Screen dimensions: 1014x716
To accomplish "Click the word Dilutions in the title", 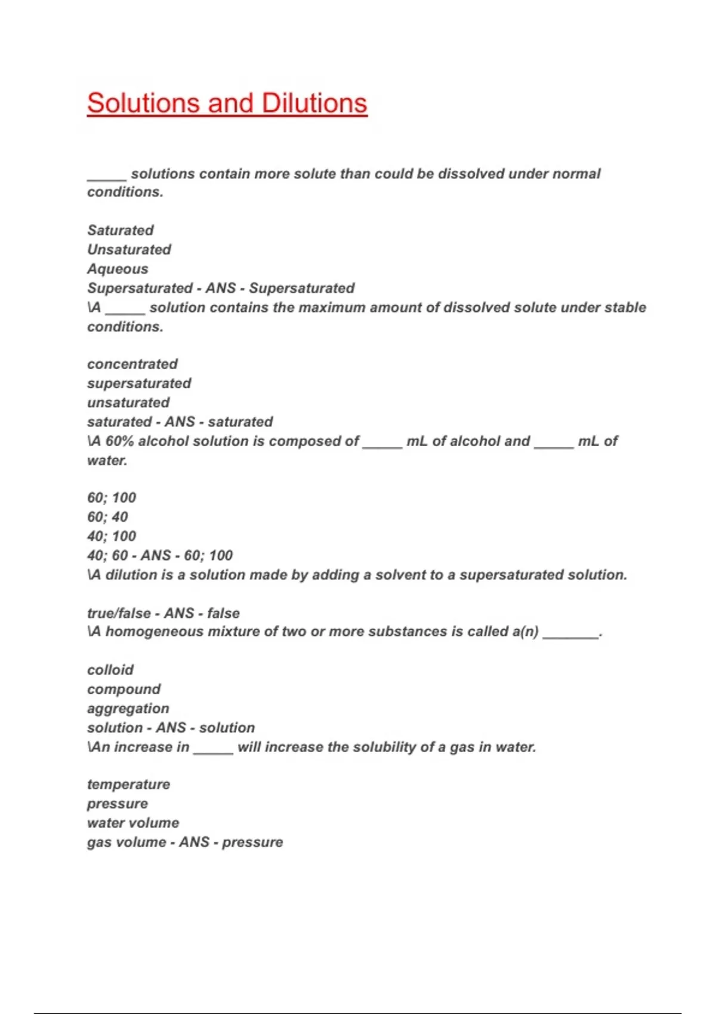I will [314, 103].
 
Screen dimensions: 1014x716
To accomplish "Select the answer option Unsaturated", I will [129, 249].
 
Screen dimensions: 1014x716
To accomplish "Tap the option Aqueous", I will [118, 269].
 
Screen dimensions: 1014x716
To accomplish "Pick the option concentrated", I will [132, 364].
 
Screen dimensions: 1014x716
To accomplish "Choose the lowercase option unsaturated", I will [128, 403].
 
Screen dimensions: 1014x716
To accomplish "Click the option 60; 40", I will [107, 517].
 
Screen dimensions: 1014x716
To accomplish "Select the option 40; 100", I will [112, 536].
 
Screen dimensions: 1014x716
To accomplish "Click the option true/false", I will [119, 613].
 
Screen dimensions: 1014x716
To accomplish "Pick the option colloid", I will [110, 670].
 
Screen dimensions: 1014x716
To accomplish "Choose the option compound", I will [124, 690].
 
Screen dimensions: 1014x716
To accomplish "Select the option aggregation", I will [128, 709].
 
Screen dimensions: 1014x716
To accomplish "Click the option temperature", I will [128, 784].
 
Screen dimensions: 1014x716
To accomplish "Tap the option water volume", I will [133, 823].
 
